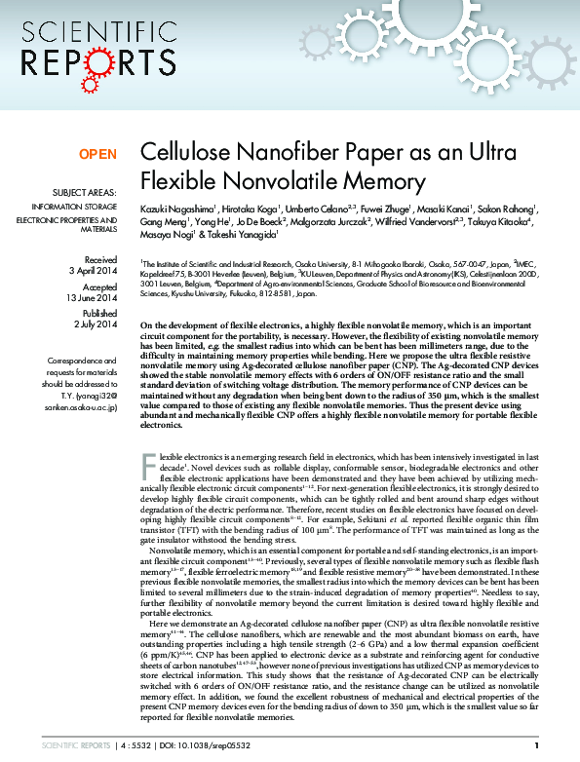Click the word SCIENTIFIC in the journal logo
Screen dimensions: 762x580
pyautogui.click(x=94, y=30)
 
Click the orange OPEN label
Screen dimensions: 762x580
pyautogui.click(x=97, y=154)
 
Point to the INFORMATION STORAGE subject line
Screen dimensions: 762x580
pyautogui.click(x=74, y=208)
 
